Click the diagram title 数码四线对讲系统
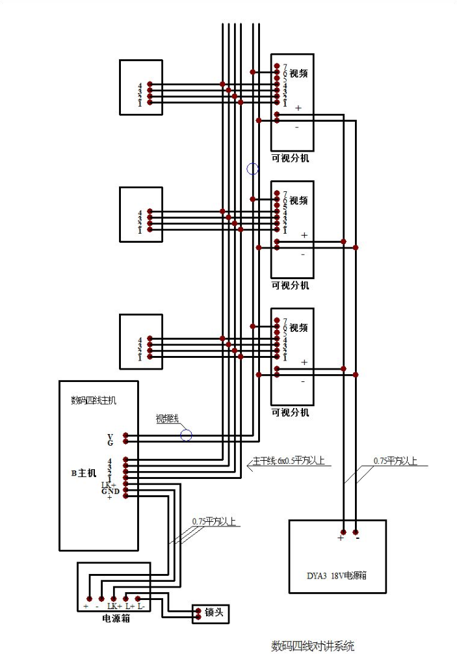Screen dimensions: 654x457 (x=313, y=646)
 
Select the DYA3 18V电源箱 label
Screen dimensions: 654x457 (x=337, y=575)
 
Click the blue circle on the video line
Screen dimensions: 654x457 (x=187, y=435)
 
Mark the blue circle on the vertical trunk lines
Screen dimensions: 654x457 (x=253, y=169)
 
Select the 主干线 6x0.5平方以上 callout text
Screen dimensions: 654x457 (x=288, y=461)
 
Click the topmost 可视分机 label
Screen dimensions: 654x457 (x=291, y=158)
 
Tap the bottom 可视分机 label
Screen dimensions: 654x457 (x=291, y=413)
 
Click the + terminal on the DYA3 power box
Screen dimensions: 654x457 (x=341, y=538)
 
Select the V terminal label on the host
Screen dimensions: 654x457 (x=110, y=435)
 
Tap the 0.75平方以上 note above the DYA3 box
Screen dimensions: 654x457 (x=395, y=461)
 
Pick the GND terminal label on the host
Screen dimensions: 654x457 (x=108, y=491)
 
